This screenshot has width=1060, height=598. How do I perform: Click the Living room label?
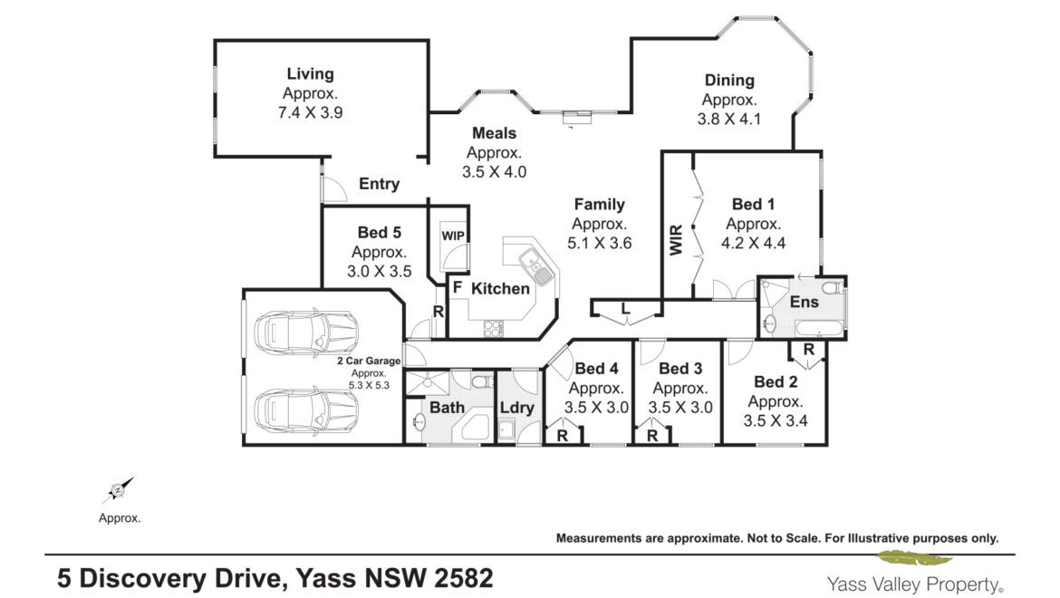coord(310,73)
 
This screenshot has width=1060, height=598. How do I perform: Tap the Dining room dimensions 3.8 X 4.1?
coord(729,119)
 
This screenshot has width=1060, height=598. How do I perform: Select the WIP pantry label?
coord(453,236)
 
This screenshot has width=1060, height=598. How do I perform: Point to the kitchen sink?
coord(536,265)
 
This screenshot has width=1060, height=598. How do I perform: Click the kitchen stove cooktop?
coord(494,328)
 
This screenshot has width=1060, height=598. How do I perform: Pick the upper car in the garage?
coord(305,331)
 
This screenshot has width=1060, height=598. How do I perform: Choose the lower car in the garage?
coord(305,410)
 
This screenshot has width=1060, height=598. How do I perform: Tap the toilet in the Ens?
coord(834,288)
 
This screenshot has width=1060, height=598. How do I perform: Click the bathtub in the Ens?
coord(819,329)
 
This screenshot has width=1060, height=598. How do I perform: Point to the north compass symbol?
coord(118,490)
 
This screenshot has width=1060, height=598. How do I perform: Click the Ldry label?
coord(517,408)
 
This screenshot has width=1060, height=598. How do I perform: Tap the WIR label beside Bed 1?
coord(677,240)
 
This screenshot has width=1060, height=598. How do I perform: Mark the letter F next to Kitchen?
coord(458,287)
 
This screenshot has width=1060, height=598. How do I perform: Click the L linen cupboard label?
coord(626,310)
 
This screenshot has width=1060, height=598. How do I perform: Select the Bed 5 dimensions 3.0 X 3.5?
coord(380,272)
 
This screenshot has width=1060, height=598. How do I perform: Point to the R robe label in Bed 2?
coord(809,350)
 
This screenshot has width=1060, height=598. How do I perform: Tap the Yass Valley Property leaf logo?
coord(915,558)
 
